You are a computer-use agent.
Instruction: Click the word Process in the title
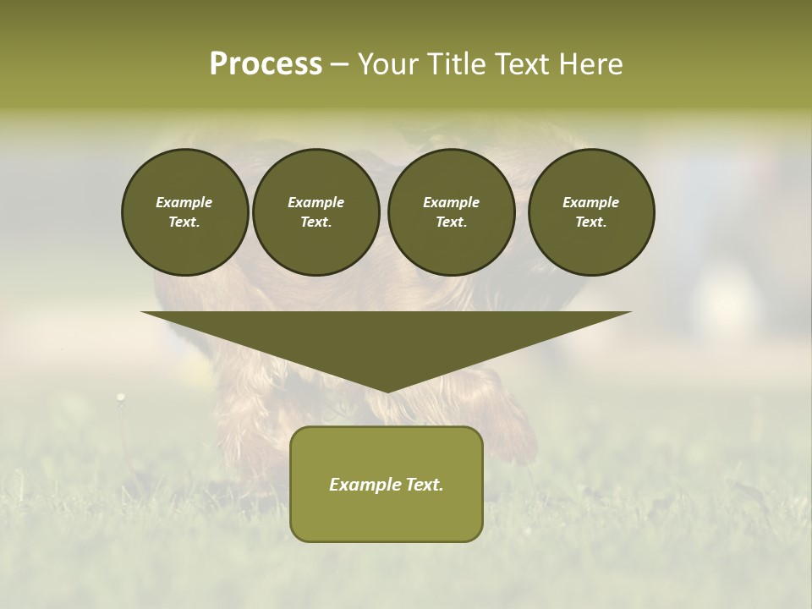click(x=266, y=64)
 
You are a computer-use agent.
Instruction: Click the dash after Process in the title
click(x=339, y=65)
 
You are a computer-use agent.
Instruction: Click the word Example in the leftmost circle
click(x=184, y=203)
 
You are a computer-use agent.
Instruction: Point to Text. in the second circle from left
click(x=315, y=222)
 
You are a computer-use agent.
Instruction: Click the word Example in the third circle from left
click(x=451, y=203)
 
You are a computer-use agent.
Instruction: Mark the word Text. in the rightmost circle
click(x=591, y=222)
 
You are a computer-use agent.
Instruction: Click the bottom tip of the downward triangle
click(x=387, y=390)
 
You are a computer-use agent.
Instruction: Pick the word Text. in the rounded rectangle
click(x=425, y=485)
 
